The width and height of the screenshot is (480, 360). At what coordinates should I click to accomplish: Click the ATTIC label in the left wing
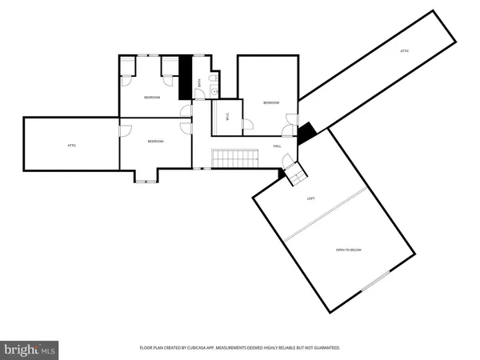pos(71,145)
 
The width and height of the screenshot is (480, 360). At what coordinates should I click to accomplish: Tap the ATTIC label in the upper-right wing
pos(405,51)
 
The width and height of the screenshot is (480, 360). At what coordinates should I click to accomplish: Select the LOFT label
pos(311,198)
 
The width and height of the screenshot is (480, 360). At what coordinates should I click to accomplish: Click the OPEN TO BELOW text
pos(349,250)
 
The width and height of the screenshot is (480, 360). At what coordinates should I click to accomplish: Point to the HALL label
pos(277,146)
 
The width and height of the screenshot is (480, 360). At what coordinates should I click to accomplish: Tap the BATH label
pos(199,82)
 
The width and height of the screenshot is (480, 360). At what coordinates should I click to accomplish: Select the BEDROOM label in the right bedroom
pos(271,102)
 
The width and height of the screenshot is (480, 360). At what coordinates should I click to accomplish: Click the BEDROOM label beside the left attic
pos(155,142)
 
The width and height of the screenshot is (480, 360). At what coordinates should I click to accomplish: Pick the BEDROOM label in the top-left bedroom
pos(152,98)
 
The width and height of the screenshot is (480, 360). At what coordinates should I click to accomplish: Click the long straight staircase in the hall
pos(232,158)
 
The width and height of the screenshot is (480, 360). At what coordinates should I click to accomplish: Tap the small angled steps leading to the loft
pos(294,174)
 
